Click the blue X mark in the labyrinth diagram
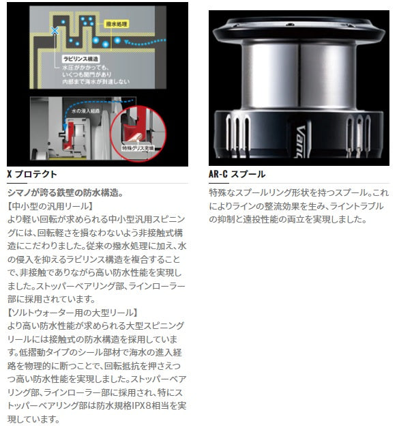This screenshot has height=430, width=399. [55, 31]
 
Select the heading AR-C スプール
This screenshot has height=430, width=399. [237, 174]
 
